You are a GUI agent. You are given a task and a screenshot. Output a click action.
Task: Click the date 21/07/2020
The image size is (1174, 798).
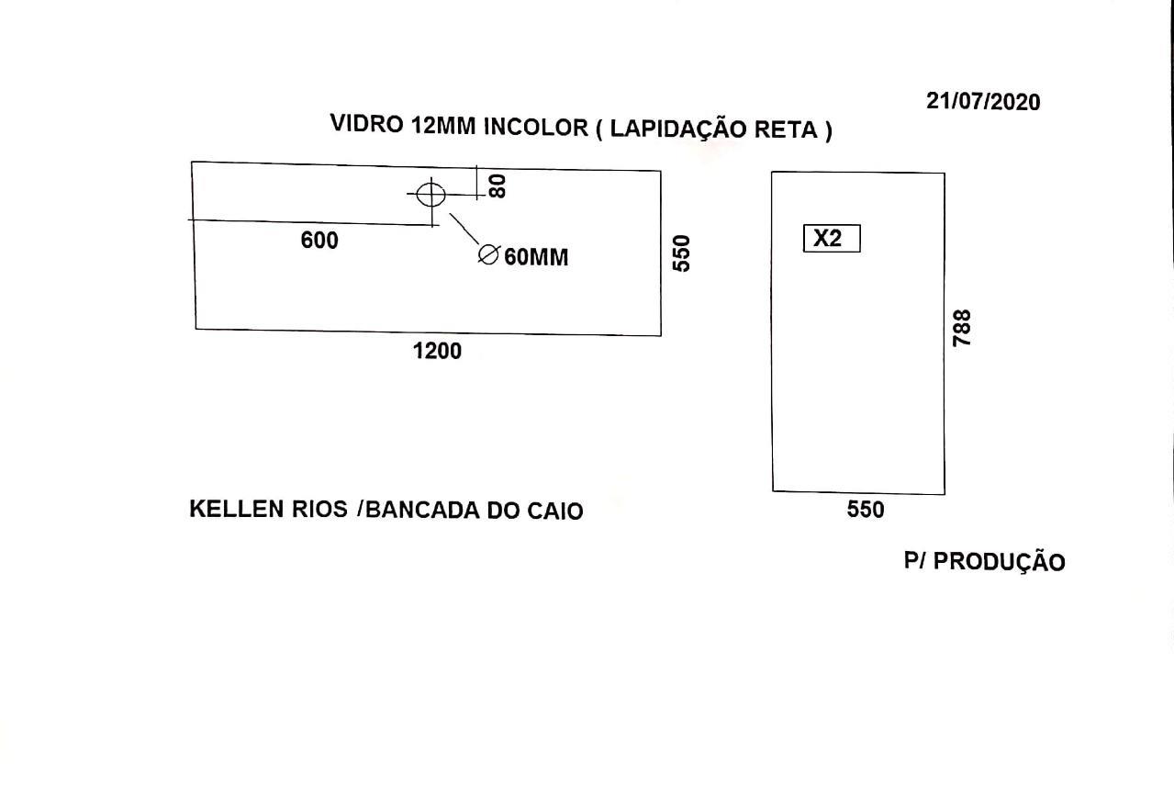pos(983,102)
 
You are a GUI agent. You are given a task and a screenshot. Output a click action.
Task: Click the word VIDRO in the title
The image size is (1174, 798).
pos(367,124)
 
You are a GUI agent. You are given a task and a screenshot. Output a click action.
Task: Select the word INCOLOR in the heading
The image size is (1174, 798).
pos(536,127)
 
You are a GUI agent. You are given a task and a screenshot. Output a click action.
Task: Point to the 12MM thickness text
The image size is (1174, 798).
pos(443,125)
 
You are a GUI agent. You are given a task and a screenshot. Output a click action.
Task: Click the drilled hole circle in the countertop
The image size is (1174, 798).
pos(430,195)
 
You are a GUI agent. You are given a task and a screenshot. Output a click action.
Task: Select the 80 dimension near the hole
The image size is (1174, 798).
pos(498,186)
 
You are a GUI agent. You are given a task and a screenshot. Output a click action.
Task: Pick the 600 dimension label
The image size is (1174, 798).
pos(319,240)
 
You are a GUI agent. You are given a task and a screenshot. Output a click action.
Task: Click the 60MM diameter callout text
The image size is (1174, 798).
pos(536,257)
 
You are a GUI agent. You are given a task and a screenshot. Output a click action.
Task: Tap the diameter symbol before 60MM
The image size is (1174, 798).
pos(489,254)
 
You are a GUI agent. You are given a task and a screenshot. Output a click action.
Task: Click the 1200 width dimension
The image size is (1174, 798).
pos(437,351)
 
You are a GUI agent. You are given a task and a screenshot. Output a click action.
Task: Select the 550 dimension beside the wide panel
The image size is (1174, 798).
pos(682,253)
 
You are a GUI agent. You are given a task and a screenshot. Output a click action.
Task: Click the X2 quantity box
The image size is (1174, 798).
pos(832,239)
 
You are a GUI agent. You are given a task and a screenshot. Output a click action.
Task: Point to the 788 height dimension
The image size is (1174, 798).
pos(962,328)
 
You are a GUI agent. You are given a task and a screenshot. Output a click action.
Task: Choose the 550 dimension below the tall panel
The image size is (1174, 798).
pos(866,510)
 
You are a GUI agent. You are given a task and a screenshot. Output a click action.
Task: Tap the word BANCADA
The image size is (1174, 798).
pos(422,511)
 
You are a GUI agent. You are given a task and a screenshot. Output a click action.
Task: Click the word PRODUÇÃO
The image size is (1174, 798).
pos(999,561)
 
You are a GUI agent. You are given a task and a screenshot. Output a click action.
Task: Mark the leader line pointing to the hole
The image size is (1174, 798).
pos(464,229)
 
